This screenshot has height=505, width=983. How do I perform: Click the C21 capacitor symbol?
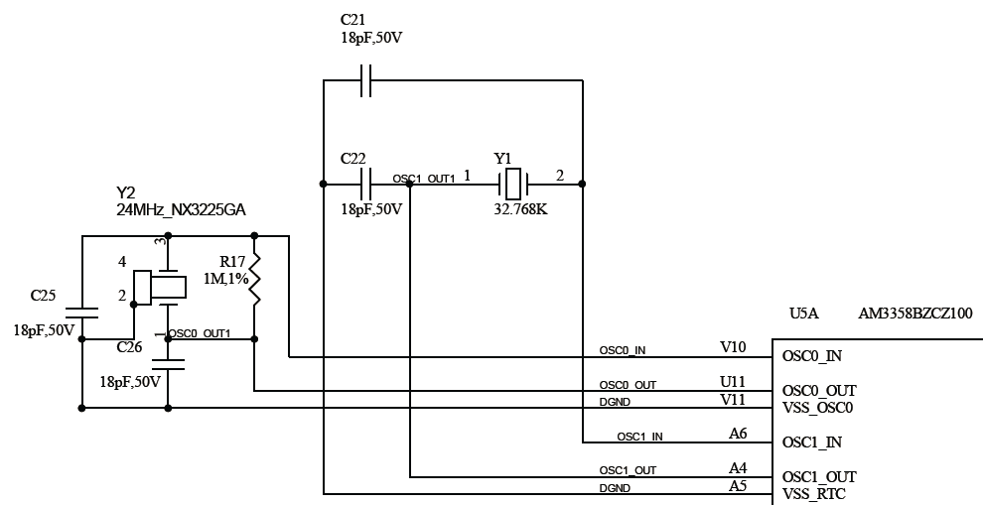364,80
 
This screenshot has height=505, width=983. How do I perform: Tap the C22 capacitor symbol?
364,183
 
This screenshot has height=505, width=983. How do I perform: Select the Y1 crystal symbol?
513,183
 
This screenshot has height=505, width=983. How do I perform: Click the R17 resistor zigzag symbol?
254,281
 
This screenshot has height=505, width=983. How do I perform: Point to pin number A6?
738,434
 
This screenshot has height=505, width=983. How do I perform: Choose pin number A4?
738,468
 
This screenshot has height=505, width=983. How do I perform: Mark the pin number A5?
738,485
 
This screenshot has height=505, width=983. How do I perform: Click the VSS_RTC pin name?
814,494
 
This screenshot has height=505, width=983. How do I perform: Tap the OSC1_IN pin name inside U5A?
812,442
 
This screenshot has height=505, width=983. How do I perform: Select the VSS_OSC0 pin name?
818,407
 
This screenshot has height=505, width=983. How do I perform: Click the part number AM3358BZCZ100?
914,314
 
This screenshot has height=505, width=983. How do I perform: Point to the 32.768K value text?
520,210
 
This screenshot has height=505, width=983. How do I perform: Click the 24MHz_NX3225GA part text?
181,210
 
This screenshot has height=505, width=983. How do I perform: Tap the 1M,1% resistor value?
224,280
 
